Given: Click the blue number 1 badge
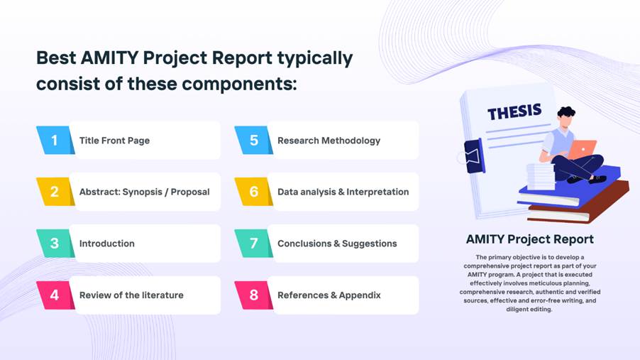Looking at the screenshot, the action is click(55, 140).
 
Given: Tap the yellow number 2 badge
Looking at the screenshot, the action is click(55, 192).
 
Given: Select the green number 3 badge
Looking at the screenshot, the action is click(55, 243).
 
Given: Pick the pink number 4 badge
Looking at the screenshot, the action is click(55, 295).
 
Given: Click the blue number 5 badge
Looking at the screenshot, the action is click(253, 140).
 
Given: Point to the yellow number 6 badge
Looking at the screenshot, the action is click(253, 192).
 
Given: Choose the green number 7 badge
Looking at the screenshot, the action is click(253, 243).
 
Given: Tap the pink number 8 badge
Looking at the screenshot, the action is click(253, 295).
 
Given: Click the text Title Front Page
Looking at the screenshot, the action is click(114, 141).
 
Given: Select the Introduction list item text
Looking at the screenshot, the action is click(107, 244).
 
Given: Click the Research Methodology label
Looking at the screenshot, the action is click(329, 141).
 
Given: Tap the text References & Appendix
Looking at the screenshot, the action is click(329, 295).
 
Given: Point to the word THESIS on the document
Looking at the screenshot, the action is click(514, 111).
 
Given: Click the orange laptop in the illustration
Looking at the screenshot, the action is click(583, 149).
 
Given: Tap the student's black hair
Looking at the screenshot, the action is click(566, 112).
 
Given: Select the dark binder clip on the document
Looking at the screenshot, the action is click(474, 156).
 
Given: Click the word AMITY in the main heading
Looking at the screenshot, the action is click(109, 58).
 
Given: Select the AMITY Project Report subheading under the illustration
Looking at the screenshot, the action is click(530, 239).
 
